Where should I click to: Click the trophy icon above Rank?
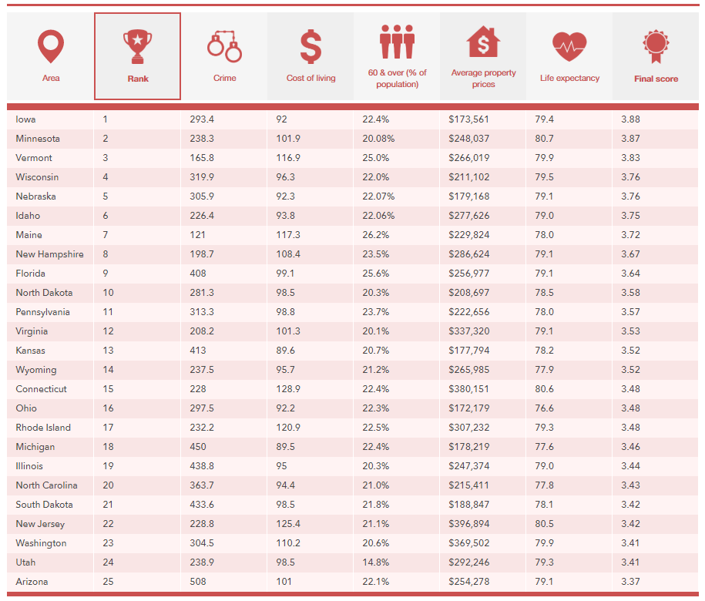137,46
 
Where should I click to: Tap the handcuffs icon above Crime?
224,46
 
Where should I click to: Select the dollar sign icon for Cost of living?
311,46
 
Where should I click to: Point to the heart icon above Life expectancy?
569,47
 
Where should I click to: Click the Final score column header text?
656,79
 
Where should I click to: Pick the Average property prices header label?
484,79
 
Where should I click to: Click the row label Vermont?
34,158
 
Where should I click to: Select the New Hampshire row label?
49,254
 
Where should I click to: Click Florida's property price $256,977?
469,274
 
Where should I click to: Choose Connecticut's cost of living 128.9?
289,389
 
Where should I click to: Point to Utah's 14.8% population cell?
375,562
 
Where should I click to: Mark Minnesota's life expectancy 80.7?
544,139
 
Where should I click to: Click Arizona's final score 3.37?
630,582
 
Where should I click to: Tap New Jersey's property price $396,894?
469,524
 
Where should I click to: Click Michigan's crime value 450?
198,447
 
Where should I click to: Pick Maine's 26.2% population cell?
375,235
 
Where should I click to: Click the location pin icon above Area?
51,46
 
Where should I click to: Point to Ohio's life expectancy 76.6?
544,408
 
